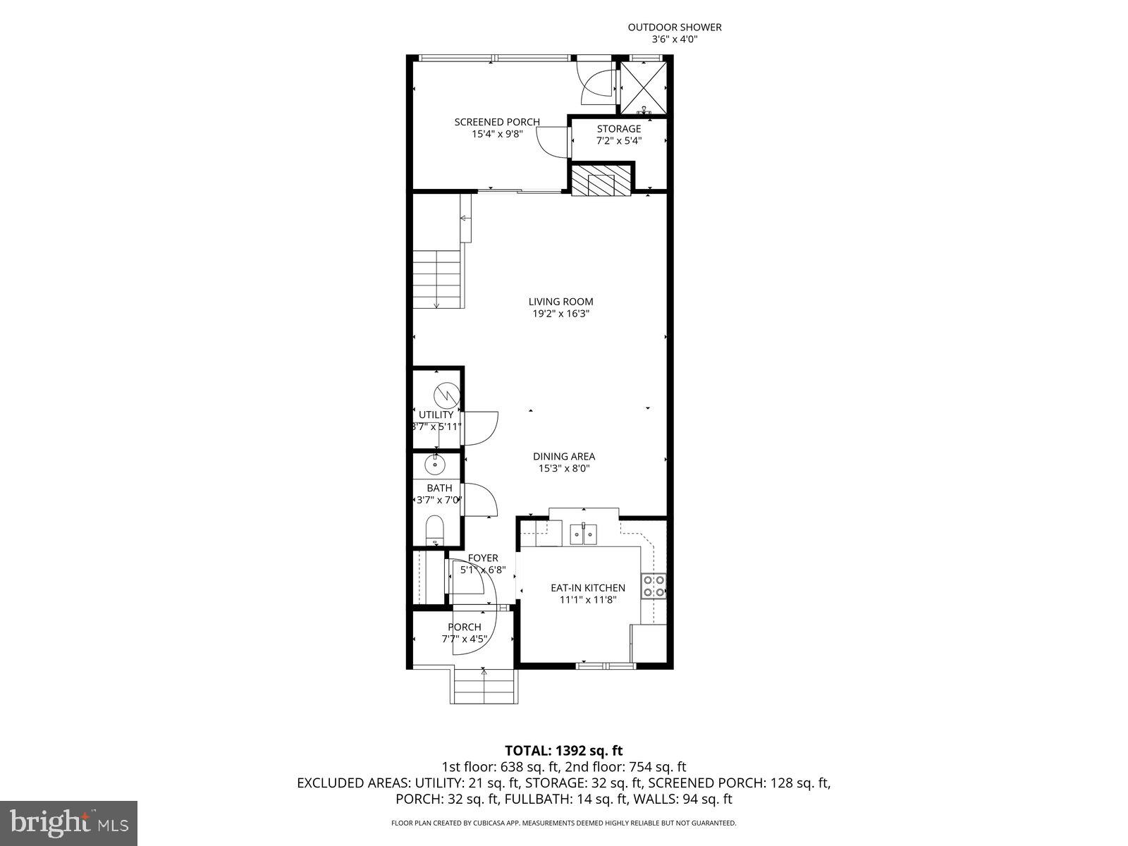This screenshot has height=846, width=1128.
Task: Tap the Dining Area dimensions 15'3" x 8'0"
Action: tap(563, 468)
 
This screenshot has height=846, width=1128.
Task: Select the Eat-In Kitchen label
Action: tap(587, 587)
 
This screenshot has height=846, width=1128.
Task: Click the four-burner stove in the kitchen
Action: tap(654, 587)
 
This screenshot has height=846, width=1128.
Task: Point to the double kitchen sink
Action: tap(584, 534)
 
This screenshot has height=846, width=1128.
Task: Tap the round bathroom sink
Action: tap(436, 464)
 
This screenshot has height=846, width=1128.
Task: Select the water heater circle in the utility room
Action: tap(446, 391)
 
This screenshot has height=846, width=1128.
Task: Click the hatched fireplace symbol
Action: tap(601, 180)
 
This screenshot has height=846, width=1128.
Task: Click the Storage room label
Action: tap(619, 129)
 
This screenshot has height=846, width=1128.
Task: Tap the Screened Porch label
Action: tap(497, 122)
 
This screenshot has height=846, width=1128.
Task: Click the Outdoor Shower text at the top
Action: tap(675, 27)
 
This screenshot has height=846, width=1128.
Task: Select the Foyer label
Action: tap(483, 558)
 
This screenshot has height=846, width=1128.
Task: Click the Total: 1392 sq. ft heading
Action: tap(563, 750)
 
